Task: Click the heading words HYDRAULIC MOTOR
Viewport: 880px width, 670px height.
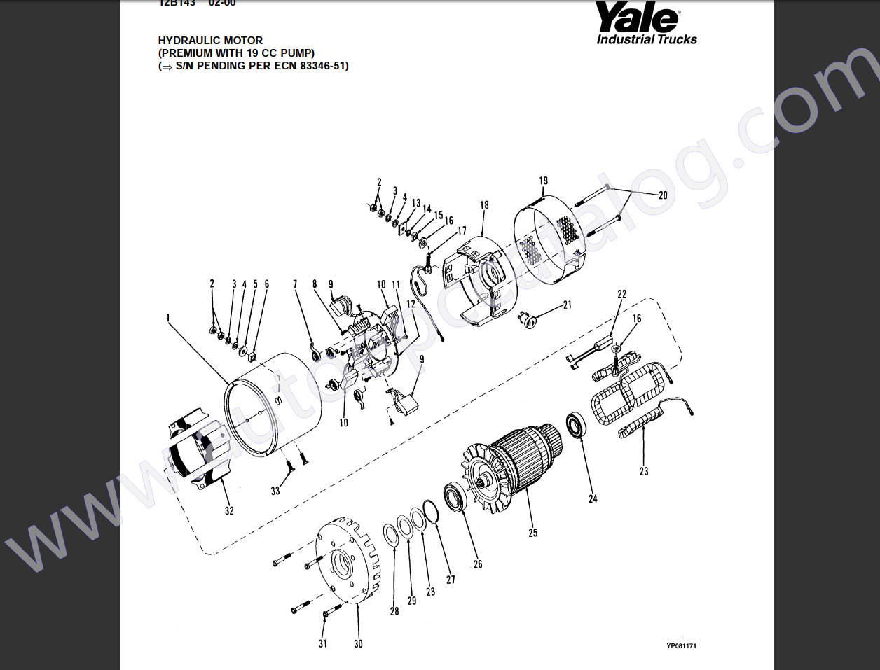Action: point(210,41)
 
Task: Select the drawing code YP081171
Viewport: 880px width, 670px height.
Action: point(681,646)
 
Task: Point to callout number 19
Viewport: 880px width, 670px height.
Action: point(544,181)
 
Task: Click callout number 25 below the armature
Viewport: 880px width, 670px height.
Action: point(533,533)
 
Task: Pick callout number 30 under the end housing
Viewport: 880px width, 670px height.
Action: point(358,643)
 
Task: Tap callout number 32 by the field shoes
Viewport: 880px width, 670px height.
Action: point(229,510)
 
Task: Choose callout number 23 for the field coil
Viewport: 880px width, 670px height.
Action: point(644,471)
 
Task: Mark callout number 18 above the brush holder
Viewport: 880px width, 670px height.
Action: point(484,205)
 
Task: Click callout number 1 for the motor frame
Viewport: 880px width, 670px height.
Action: point(168,318)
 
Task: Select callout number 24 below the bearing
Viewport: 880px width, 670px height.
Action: point(593,498)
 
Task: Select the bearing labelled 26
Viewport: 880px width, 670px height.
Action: point(455,498)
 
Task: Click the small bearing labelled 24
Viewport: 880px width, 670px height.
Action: point(576,426)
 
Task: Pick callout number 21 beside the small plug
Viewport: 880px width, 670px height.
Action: point(568,305)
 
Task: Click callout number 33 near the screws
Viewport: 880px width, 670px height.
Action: point(275,491)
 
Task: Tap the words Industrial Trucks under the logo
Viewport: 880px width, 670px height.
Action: point(647,39)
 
